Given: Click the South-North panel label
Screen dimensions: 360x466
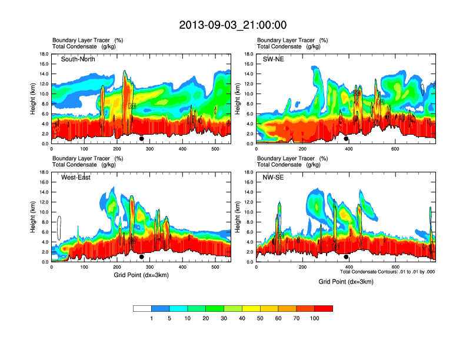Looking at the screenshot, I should point(78,59).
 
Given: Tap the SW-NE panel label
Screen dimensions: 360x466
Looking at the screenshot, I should point(273,59).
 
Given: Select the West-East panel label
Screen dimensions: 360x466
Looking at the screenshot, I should point(76,178).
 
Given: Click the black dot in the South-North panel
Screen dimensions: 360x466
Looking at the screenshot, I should point(142,139).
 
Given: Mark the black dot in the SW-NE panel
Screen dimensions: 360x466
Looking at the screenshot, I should point(346,139).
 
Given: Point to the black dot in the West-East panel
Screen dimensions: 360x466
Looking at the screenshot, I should point(142,257).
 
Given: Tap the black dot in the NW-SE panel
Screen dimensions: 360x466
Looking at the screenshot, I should point(346,257).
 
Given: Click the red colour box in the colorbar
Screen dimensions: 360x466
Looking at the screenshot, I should point(324,308).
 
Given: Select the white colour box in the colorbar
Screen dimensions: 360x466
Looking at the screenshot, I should point(142,308).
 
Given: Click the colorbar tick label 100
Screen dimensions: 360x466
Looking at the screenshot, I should point(314,318).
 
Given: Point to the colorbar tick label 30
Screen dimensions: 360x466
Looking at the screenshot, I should point(224,318).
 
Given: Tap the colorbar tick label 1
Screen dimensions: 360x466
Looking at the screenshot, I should point(151,318).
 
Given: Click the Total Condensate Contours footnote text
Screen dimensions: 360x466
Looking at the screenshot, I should point(387,272).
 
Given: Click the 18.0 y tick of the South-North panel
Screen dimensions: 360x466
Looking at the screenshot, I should point(44,54).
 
